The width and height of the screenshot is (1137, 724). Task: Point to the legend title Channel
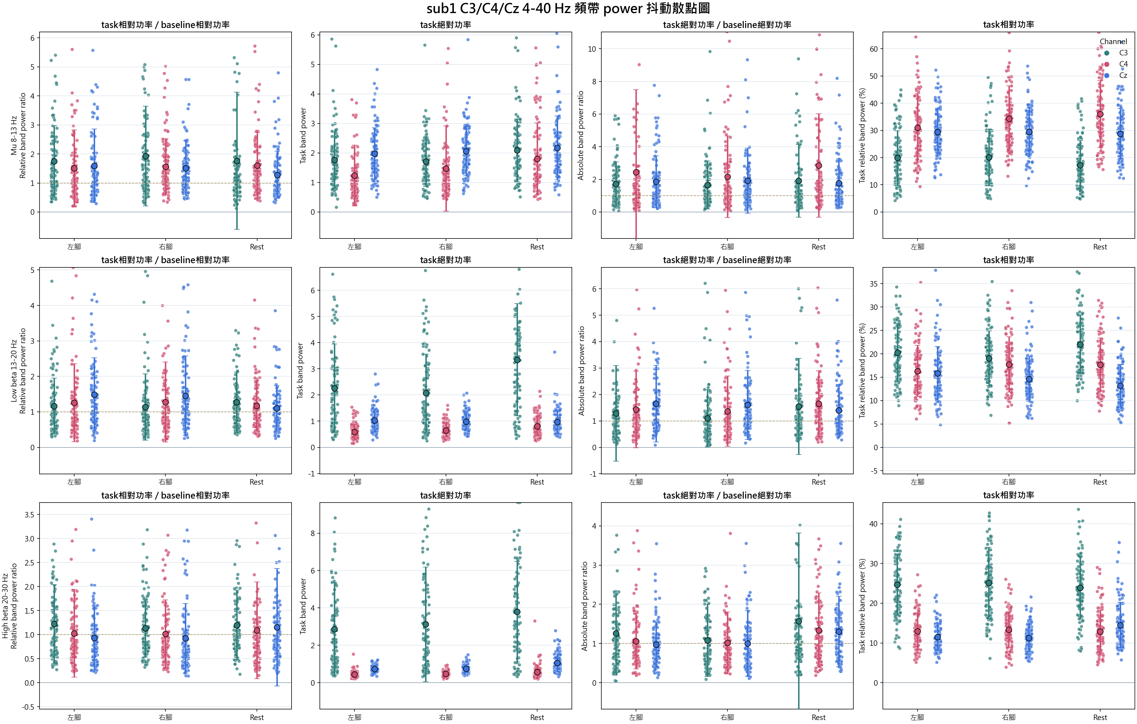coord(1113,42)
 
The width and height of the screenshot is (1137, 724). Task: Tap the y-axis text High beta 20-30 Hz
coord(5,606)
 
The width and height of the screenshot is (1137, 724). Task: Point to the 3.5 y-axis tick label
coord(29,515)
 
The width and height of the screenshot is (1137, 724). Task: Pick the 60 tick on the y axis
coord(873,49)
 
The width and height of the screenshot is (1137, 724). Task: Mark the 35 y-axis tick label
coord(873,284)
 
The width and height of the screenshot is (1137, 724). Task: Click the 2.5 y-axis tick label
coord(29,563)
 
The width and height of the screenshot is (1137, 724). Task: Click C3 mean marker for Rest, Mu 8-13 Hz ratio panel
coord(237,161)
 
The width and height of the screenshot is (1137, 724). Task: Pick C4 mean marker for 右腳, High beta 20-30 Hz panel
coord(165,635)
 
